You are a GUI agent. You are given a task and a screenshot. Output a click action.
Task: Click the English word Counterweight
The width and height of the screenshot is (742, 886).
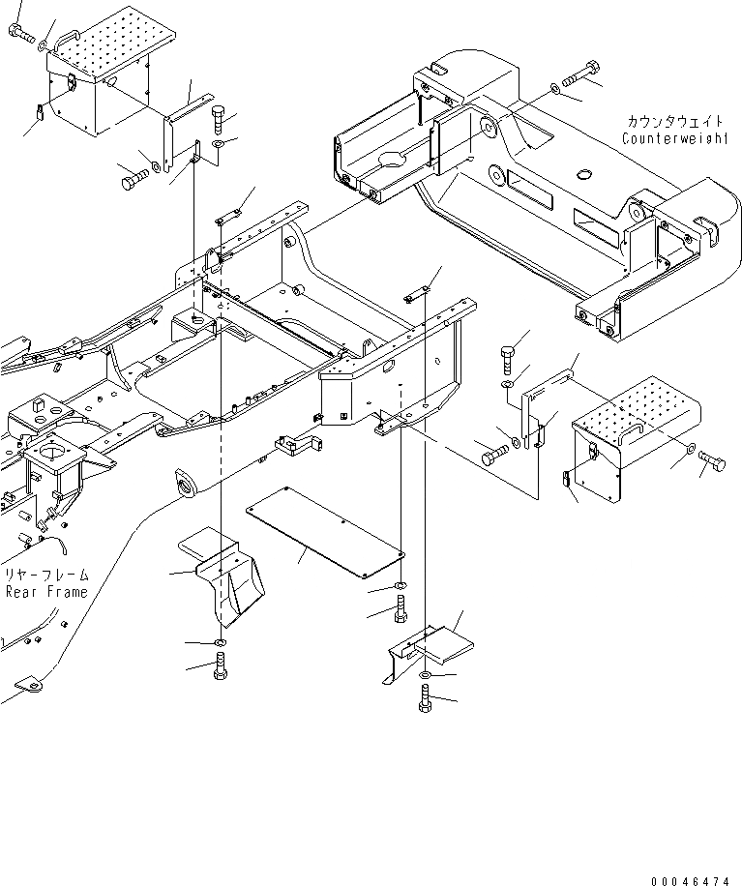(x=675, y=138)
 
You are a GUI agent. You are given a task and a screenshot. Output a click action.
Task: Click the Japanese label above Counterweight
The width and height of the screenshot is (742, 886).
(x=675, y=122)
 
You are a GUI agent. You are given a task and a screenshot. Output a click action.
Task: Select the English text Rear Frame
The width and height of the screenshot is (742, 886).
(x=45, y=592)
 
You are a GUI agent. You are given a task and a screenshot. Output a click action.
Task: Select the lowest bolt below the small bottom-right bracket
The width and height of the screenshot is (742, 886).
(x=426, y=698)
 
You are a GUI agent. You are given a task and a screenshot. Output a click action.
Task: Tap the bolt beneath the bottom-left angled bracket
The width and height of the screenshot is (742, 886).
(x=221, y=666)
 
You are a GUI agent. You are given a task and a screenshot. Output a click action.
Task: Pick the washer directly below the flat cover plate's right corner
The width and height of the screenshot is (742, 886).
(x=401, y=589)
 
